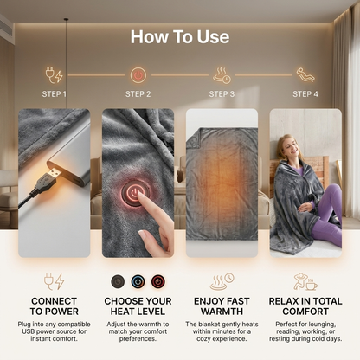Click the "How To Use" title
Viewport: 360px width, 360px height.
[x=180, y=37]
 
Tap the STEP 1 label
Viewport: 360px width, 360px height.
[x=55, y=94]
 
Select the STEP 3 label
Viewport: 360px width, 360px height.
[x=222, y=94]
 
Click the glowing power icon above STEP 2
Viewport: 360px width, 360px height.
[x=138, y=75]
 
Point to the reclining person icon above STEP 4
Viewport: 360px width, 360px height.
[x=305, y=75]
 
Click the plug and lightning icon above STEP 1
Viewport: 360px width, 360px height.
[x=55, y=75]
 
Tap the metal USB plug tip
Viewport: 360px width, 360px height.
[x=55, y=174]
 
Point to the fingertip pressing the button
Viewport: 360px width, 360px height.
[x=140, y=196]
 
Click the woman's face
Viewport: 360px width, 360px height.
[x=292, y=148]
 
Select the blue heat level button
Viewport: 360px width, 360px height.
[x=138, y=281]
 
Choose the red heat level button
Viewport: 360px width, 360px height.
[x=158, y=281]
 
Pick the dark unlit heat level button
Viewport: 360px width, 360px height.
[x=118, y=281]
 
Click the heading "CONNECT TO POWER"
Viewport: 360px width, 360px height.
[x=55, y=306]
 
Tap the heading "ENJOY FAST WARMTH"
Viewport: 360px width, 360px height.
[x=222, y=306]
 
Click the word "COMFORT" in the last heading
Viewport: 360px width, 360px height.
[x=305, y=312]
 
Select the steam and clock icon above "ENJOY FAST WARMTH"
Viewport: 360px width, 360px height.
[x=222, y=281]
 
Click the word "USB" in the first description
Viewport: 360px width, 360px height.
[x=28, y=331]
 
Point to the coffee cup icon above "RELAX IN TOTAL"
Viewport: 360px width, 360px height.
[x=312, y=286]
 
